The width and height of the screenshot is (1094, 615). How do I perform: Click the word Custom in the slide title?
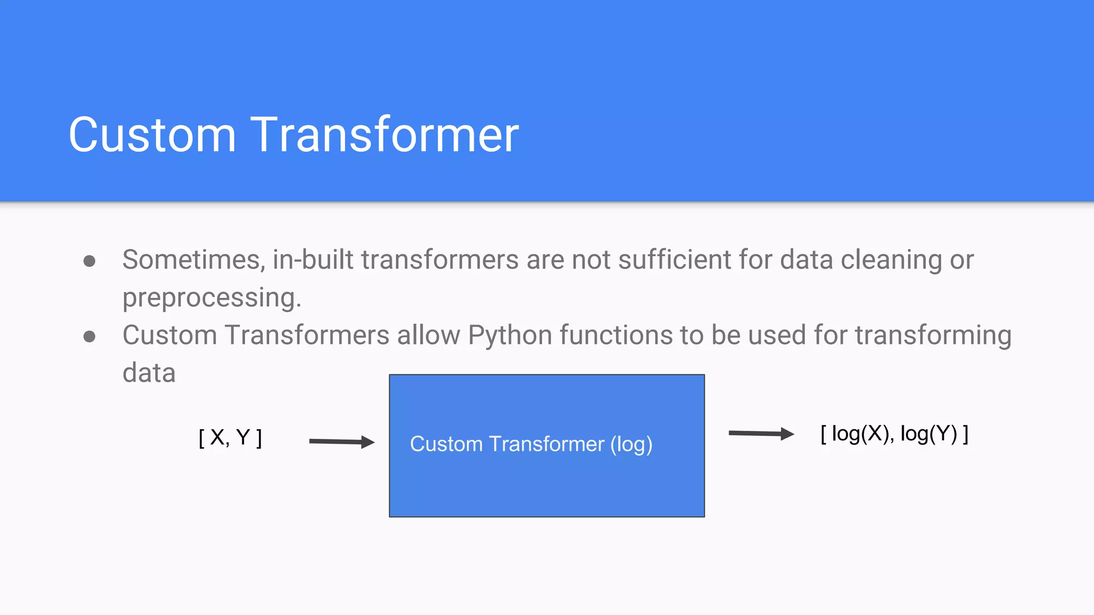pyautogui.click(x=152, y=135)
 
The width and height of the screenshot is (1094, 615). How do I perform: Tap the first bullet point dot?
pyautogui.click(x=90, y=261)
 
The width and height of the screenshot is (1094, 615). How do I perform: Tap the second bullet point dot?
pyautogui.click(x=90, y=336)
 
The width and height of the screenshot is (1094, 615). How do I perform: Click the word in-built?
pyautogui.click(x=313, y=260)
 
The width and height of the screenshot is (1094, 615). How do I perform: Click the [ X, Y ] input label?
pyautogui.click(x=230, y=438)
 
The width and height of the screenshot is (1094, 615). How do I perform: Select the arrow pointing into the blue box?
pyautogui.click(x=342, y=441)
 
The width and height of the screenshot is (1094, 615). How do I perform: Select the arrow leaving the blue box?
pyautogui.click(x=761, y=433)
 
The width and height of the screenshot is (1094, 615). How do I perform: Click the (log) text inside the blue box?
pyautogui.click(x=631, y=445)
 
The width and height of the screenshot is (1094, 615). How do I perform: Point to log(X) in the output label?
pyautogui.click(x=861, y=434)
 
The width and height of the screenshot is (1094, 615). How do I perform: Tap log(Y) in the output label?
pyautogui.click(x=929, y=434)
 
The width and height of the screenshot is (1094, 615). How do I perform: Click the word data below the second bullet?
pyautogui.click(x=149, y=373)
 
